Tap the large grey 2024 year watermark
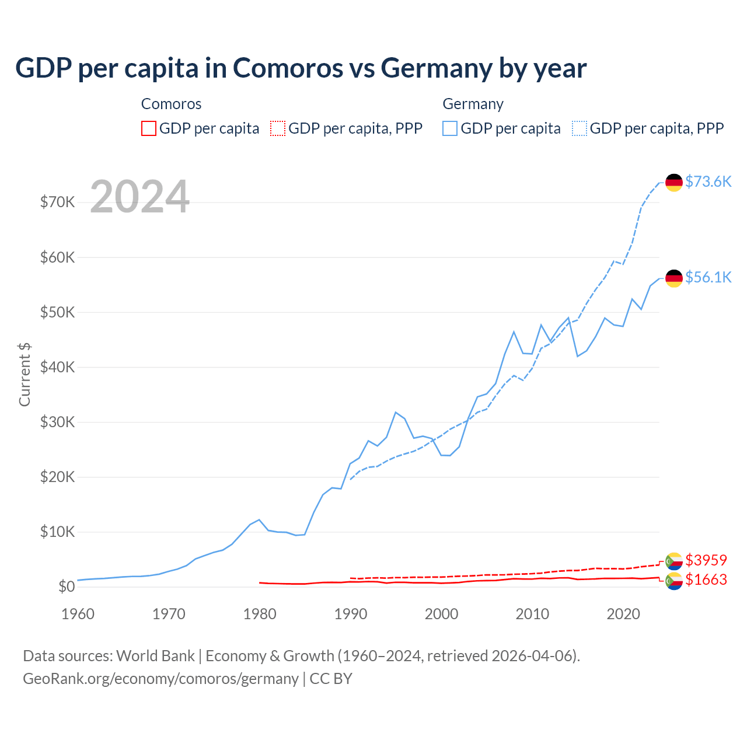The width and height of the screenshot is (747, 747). pyautogui.click(x=140, y=197)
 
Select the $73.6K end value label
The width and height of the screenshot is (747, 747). pyautogui.click(x=708, y=181)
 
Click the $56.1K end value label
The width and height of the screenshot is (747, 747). pyautogui.click(x=708, y=277)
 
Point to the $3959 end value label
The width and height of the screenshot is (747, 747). pyautogui.click(x=706, y=560)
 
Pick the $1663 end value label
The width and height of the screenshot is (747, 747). pyautogui.click(x=706, y=580)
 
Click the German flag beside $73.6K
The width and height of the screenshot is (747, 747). pyautogui.click(x=674, y=182)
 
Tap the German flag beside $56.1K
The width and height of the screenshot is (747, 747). pyautogui.click(x=674, y=278)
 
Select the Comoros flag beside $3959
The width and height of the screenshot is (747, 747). pyautogui.click(x=674, y=561)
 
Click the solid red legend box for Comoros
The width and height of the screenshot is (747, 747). pyautogui.click(x=149, y=128)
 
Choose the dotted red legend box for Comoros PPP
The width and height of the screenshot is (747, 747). pyautogui.click(x=278, y=128)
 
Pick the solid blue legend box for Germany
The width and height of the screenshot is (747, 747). pyautogui.click(x=450, y=128)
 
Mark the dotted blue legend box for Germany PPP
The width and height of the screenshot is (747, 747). pyautogui.click(x=580, y=128)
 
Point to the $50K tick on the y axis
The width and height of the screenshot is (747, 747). pyautogui.click(x=57, y=312)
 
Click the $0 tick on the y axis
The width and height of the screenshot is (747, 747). pyautogui.click(x=67, y=587)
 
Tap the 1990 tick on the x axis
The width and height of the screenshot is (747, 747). pyautogui.click(x=351, y=614)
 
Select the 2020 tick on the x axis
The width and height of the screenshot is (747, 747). pyautogui.click(x=623, y=614)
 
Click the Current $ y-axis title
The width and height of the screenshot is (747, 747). pyautogui.click(x=25, y=375)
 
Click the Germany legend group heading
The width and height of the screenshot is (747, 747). pyautogui.click(x=473, y=104)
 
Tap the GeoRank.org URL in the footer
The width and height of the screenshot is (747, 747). pyautogui.click(x=160, y=679)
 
